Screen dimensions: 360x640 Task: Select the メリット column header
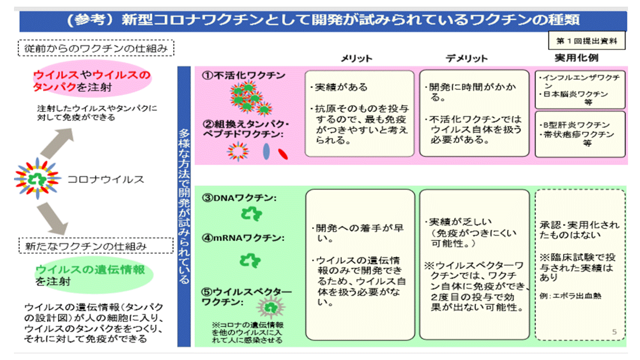click(x=356, y=58)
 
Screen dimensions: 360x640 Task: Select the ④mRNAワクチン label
click(x=243, y=238)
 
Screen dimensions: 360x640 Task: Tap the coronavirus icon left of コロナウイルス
click(x=37, y=178)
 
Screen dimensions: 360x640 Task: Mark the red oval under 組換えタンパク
click(x=282, y=152)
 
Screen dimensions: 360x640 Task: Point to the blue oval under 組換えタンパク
click(x=265, y=152)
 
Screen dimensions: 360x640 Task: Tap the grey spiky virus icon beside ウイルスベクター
click(x=270, y=305)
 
